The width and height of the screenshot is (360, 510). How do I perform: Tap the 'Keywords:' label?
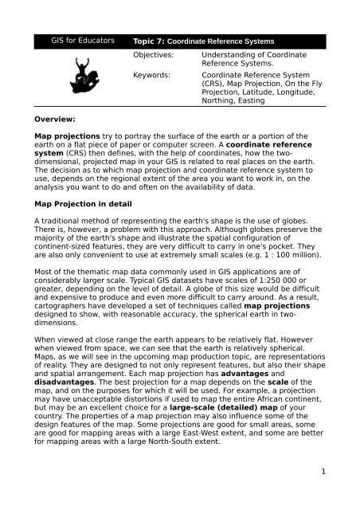pos(152,77)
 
